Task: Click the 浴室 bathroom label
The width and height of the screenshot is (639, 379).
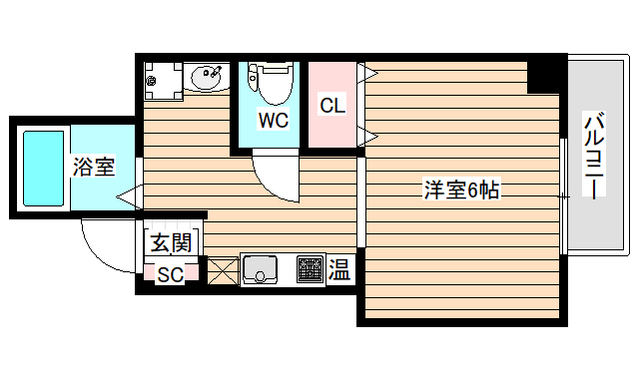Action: pyautogui.click(x=94, y=168)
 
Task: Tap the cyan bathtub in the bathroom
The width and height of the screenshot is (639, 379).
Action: pyautogui.click(x=43, y=168)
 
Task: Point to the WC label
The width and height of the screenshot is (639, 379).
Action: pyautogui.click(x=274, y=121)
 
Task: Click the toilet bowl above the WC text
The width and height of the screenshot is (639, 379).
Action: pyautogui.click(x=271, y=84)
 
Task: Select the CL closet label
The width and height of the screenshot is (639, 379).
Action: pyautogui.click(x=331, y=105)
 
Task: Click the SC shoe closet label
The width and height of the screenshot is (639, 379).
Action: pyautogui.click(x=171, y=275)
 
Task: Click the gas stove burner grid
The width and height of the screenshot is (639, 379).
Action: pyautogui.click(x=310, y=269)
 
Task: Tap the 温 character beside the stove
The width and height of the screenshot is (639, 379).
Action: pyautogui.click(x=339, y=269)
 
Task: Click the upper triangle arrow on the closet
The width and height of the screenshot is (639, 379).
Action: pyautogui.click(x=367, y=72)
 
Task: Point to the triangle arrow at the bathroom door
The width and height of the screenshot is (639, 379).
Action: pyautogui.click(x=129, y=197)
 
